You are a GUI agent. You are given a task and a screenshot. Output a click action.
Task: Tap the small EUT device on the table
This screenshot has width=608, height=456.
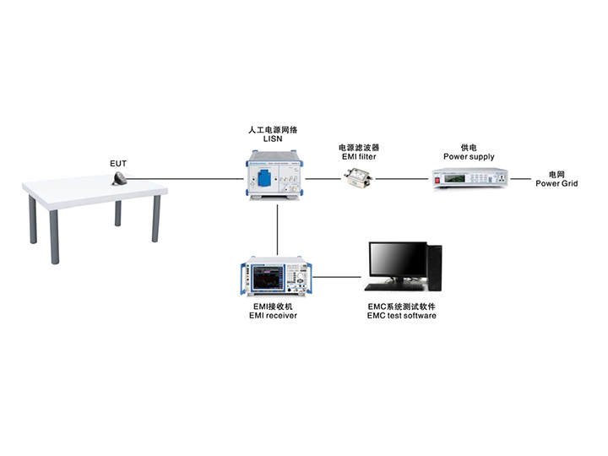121,178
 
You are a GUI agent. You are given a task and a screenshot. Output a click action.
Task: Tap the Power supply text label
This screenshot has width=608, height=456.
469,156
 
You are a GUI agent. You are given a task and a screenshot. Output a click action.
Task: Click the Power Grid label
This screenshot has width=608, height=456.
556,183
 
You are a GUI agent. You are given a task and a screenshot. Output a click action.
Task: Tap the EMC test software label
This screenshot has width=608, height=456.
401,316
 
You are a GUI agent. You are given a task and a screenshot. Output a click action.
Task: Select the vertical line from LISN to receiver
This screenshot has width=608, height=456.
277,228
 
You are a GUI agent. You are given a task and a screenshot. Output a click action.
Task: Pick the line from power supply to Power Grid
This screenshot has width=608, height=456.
519,179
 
